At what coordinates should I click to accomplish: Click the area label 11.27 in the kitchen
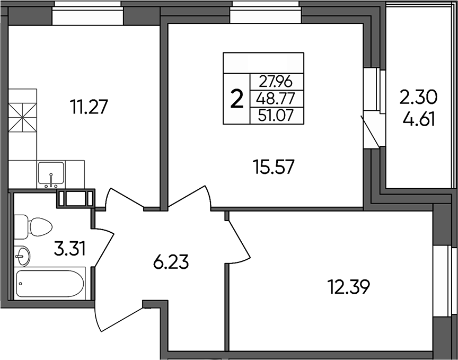tap(89, 107)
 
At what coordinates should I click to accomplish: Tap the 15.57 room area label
tap(274, 167)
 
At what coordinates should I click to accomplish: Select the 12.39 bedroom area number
tap(348, 287)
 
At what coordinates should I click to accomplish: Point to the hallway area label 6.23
tap(171, 262)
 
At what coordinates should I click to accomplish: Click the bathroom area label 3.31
tap(69, 249)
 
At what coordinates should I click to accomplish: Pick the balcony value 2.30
tap(419, 98)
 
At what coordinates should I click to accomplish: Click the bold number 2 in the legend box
tap(236, 99)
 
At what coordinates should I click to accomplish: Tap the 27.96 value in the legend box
tap(276, 82)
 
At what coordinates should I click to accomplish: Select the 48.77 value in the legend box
tap(276, 99)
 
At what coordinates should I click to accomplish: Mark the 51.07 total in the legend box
tap(276, 116)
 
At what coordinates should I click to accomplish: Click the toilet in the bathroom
tap(33, 227)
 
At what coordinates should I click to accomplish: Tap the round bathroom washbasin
tap(22, 256)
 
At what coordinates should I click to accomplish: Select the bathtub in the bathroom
tap(50, 284)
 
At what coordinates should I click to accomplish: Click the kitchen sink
tap(51, 174)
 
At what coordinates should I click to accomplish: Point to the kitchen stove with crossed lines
tap(23, 118)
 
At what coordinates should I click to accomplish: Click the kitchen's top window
tap(87, 13)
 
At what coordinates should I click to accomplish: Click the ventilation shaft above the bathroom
tap(76, 199)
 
